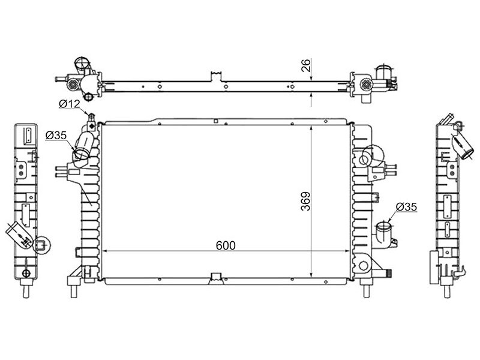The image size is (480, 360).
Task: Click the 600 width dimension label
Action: coord(226,245)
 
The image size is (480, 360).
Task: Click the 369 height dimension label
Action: coord(305,201)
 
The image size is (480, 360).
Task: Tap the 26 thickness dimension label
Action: coord(306,65)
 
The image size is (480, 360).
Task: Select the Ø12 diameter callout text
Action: coord(69,104)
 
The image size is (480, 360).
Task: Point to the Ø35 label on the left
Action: coord(56,135)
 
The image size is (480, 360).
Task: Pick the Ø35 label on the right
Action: coord(406,207)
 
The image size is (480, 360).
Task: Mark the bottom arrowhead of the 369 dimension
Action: coord(311,275)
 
